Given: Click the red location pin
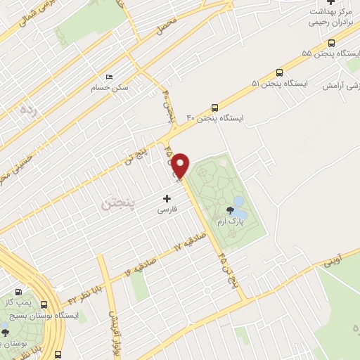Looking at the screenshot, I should [x=181, y=165].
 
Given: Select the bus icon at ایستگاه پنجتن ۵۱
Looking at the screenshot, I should [x=280, y=72].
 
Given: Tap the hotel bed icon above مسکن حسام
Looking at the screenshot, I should [x=108, y=77].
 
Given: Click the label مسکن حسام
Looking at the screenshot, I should [x=107, y=88].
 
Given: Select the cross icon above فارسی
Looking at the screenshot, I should [x=167, y=198].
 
